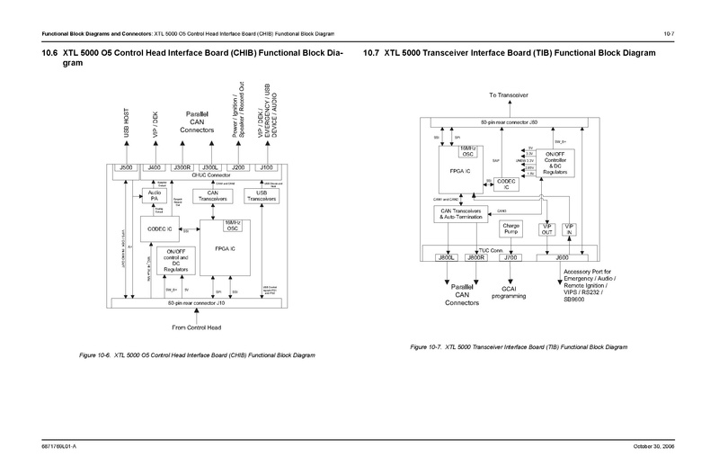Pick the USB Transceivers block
tap(261, 195)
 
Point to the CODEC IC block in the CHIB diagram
tap(161, 229)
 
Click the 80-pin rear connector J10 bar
tap(195, 303)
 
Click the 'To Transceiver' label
tap(508, 94)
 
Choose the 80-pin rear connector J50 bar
tap(508, 120)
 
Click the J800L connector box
tap(447, 258)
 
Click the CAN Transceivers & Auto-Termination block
tap(462, 214)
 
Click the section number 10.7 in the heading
tap(372, 54)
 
